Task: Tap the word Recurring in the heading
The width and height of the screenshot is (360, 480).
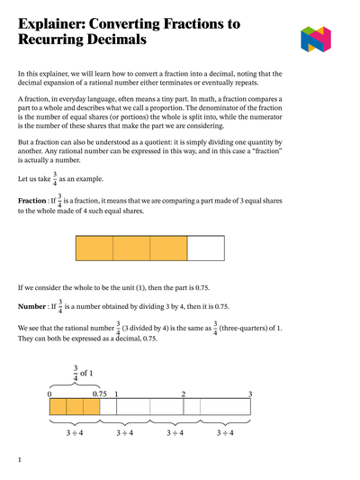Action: tap(61, 41)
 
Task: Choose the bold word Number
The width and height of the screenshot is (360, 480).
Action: tap(34, 306)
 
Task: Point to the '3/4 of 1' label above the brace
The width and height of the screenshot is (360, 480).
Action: tap(82, 372)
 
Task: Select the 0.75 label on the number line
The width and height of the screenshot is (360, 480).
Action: tap(99, 394)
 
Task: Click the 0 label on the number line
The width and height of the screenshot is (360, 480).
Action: tap(50, 394)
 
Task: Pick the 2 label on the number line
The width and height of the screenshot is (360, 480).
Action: tap(183, 394)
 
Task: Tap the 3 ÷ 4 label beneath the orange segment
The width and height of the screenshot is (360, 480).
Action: tap(75, 433)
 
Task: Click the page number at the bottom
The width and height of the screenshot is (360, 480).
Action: tap(20, 459)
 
